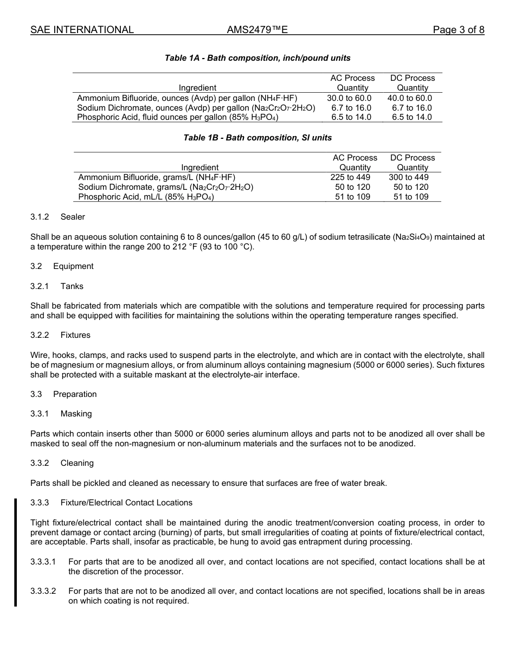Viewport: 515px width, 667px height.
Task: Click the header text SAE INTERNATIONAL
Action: point(82,30)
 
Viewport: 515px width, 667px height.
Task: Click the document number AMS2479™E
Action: point(257,30)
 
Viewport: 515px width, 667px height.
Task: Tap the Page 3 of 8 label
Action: point(458,30)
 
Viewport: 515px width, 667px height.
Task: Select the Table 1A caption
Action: point(257,58)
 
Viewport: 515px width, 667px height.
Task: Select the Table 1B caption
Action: point(257,138)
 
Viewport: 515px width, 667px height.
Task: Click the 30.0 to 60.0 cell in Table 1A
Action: point(349,98)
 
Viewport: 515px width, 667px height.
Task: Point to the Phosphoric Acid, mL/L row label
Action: point(146,197)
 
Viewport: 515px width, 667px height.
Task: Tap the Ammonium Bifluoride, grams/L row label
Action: point(157,177)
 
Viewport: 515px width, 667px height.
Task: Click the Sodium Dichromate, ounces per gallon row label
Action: point(196,108)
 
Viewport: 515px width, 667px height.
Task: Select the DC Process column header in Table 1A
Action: point(412,83)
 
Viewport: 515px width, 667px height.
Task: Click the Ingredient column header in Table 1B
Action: point(199,168)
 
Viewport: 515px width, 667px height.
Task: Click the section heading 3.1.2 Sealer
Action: point(57,217)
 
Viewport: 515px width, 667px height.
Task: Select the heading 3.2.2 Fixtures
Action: point(60,335)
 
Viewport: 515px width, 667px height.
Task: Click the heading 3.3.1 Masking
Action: point(61,414)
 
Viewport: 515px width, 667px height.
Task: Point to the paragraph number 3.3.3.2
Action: point(43,591)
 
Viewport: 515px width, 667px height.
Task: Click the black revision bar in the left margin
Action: point(16,552)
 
